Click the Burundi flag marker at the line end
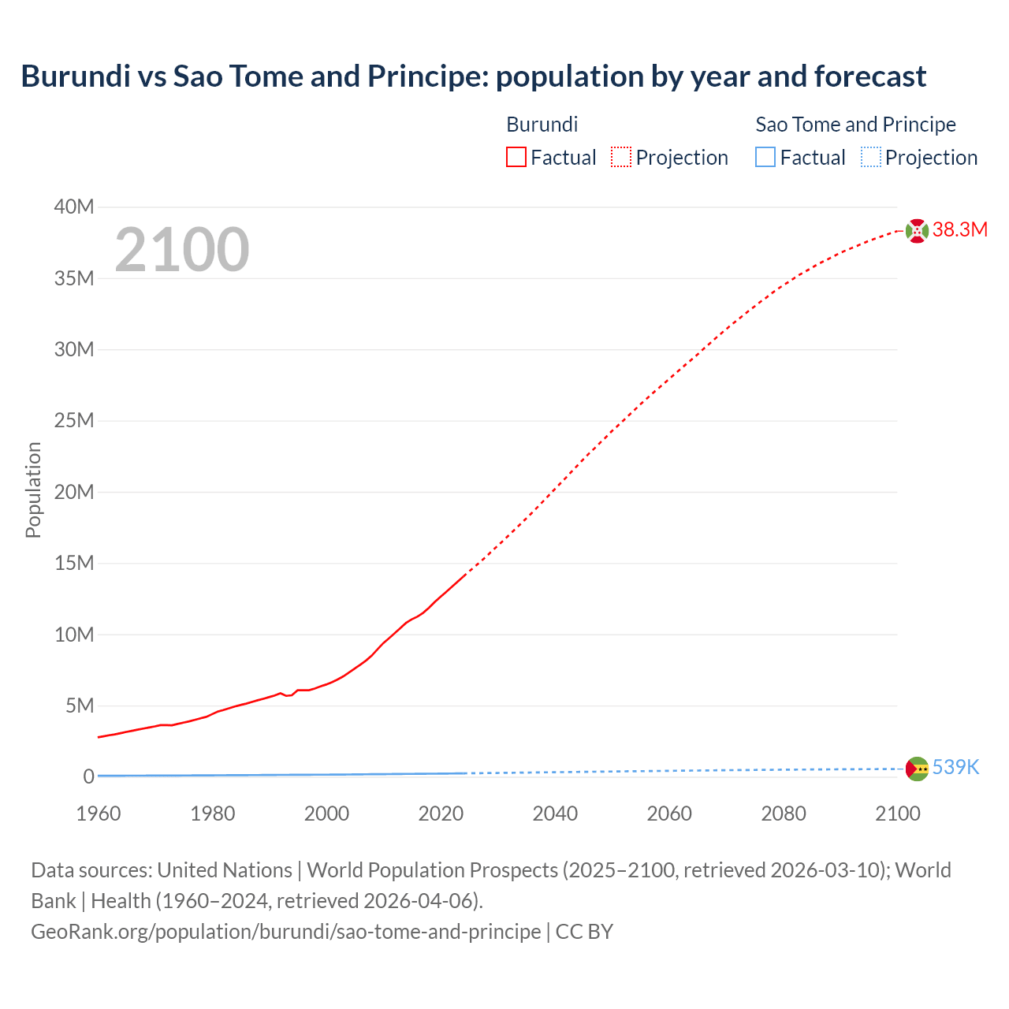(x=917, y=231)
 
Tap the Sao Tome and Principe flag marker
(x=917, y=769)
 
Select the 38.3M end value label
(x=959, y=230)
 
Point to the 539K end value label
(x=955, y=768)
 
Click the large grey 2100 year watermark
(x=182, y=250)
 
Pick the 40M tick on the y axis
(x=74, y=207)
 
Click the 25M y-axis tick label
(x=74, y=421)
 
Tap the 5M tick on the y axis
(x=79, y=706)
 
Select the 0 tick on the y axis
(x=88, y=777)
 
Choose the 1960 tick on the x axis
(x=99, y=814)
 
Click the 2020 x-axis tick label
(x=441, y=814)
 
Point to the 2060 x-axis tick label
(x=669, y=814)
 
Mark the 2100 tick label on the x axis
(x=897, y=814)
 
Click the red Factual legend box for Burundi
(x=516, y=158)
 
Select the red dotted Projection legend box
(x=621, y=158)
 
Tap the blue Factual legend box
(x=765, y=158)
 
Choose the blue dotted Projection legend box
(x=870, y=158)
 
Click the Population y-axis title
(x=33, y=490)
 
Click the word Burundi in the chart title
(x=76, y=76)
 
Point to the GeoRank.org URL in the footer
(x=286, y=932)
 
